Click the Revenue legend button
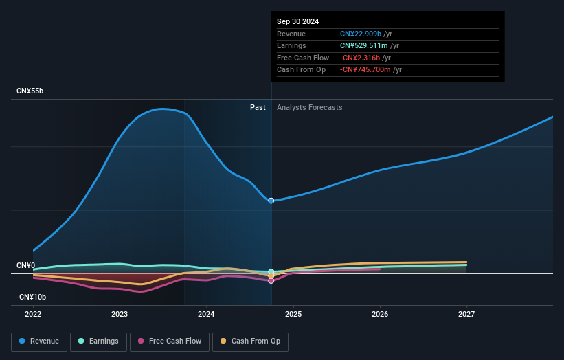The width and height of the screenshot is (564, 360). click(39, 341)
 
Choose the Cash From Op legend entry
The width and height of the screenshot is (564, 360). click(250, 341)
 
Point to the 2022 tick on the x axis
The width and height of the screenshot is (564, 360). click(33, 315)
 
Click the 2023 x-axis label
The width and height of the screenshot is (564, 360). click(120, 315)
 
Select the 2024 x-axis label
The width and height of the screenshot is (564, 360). click(206, 315)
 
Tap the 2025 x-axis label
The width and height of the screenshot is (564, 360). click(293, 315)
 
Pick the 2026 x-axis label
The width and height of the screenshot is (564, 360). click(380, 315)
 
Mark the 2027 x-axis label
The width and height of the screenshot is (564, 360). click(466, 315)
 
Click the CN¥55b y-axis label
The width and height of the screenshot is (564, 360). click(30, 91)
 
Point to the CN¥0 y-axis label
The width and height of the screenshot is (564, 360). click(26, 265)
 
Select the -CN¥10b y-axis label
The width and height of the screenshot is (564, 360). click(31, 297)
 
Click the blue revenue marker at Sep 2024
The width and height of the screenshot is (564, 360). click(271, 201)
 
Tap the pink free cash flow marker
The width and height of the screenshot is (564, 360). click(271, 280)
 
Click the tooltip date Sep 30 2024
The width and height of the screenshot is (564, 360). click(297, 22)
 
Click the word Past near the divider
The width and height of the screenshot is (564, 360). click(258, 107)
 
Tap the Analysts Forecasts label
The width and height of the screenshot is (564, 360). click(309, 107)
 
